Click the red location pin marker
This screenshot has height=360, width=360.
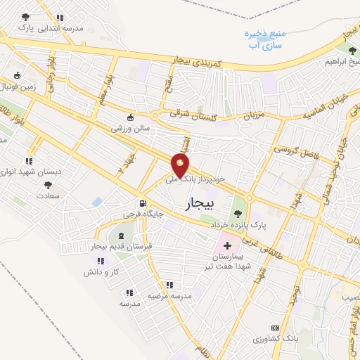pyautogui.click(x=181, y=165)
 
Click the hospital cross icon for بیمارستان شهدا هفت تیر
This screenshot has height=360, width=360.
pyautogui.click(x=226, y=246)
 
